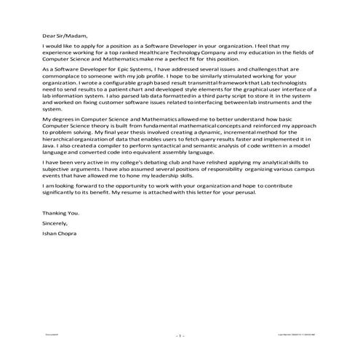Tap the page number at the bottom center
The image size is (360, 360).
point(180,336)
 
